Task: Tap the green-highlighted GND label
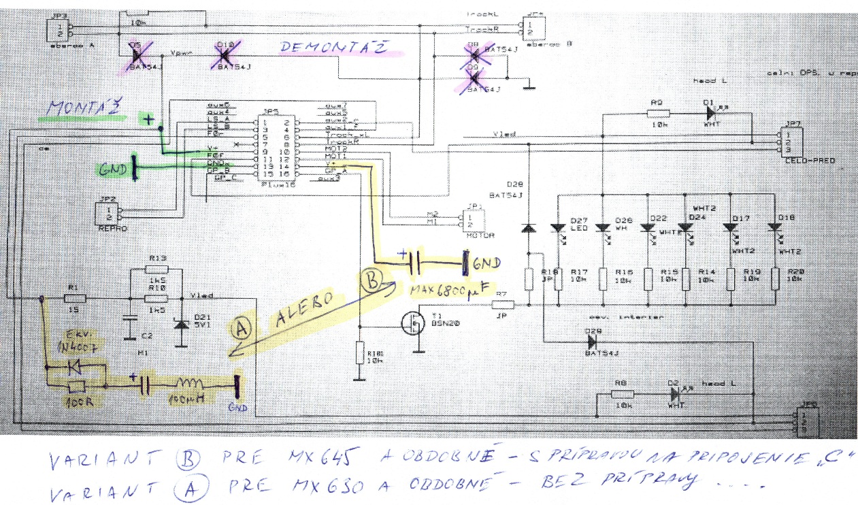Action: tap(113, 168)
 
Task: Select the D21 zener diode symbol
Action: tap(181, 323)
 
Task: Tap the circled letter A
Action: tap(240, 330)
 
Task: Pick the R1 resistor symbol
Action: tap(74, 298)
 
